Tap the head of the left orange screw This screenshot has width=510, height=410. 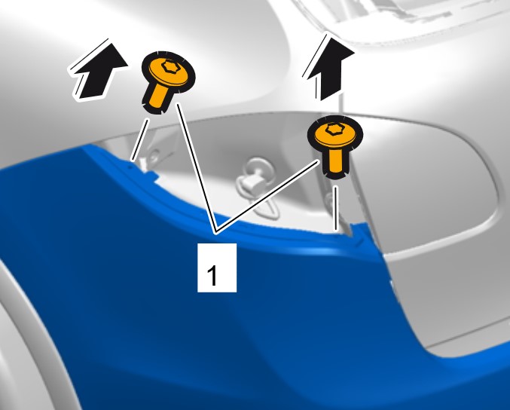pyautogui.click(x=169, y=72)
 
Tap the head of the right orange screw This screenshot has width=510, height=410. pyautogui.click(x=335, y=134)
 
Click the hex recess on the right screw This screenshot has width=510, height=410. pyautogui.click(x=334, y=129)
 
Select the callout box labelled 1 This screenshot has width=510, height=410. pyautogui.click(x=217, y=268)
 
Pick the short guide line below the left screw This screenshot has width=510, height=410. pyautogui.click(x=140, y=140)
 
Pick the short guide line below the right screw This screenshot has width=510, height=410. pyautogui.click(x=336, y=208)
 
